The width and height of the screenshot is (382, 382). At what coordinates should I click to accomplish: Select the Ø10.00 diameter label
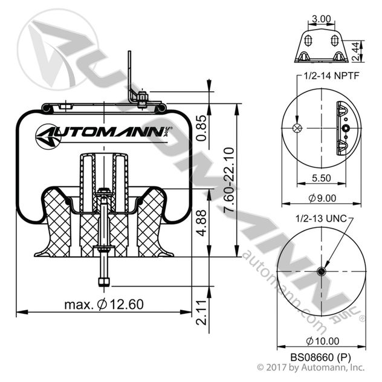coord(323,340)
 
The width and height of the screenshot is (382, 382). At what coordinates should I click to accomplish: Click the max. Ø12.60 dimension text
coord(104,304)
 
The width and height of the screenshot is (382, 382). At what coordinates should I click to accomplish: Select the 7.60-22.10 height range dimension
coord(228,179)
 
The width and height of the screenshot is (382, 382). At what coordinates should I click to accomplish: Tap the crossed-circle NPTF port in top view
coord(297,128)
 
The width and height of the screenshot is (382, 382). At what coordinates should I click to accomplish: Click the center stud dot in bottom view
coord(322,273)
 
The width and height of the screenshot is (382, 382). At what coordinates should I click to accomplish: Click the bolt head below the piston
coord(102,280)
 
